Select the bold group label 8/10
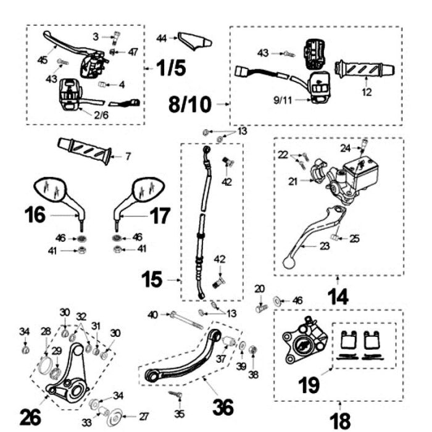190,105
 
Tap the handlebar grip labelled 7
84,149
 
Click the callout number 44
162,38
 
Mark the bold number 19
309,386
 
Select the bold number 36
224,407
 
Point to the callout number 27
143,415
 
